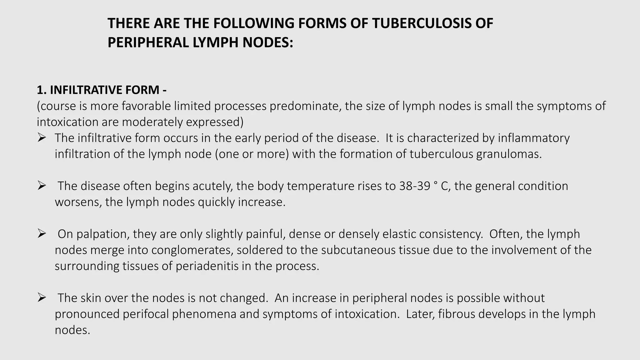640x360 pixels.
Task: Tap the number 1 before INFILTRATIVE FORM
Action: tap(40, 90)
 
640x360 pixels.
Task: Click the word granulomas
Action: tap(509, 154)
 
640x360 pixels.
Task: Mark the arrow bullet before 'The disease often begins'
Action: tap(42, 186)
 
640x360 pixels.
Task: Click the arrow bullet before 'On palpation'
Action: tap(42, 234)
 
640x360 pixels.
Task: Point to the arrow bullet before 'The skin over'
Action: tap(42, 298)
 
